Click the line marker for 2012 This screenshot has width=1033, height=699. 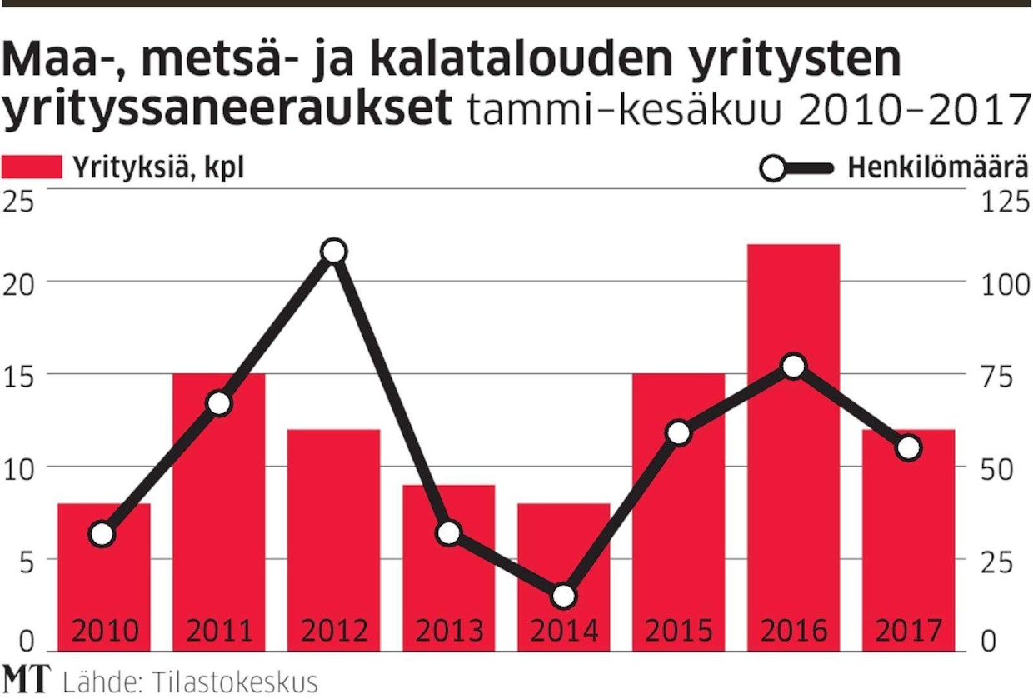(334, 252)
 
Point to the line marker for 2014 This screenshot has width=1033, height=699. (564, 596)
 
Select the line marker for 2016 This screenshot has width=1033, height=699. (794, 367)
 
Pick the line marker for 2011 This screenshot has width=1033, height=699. (219, 403)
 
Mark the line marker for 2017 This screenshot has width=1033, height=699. (909, 448)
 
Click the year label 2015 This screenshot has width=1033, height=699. (679, 631)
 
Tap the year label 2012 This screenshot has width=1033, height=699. (334, 631)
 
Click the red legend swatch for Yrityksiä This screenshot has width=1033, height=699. (32, 167)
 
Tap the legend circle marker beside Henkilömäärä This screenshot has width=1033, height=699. (773, 169)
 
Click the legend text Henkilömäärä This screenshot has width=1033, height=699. (937, 168)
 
